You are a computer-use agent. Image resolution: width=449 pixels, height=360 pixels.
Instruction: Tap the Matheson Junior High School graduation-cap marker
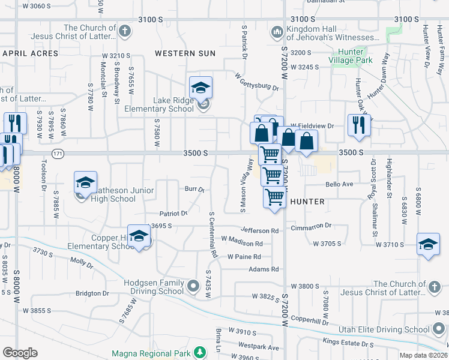pos(86,182)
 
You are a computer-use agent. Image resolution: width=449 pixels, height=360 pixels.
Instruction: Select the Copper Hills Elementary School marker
pos(139,238)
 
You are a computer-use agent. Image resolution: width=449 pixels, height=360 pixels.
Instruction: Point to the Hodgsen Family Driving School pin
pos(193,287)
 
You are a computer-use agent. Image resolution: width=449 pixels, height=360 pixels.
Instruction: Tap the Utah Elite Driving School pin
pos(439,329)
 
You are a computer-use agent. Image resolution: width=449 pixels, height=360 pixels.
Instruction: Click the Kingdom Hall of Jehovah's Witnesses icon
pos(277,31)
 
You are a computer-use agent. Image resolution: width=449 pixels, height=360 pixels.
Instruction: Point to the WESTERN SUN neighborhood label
pos(185,53)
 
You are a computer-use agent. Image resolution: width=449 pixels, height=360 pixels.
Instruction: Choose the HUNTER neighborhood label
pos(307,202)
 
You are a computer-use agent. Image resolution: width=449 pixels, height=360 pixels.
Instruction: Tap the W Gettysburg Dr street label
pos(257,82)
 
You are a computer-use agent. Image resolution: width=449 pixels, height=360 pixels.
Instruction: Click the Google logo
pos(20,353)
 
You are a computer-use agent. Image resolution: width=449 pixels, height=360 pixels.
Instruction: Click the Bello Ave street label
pos(339,184)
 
